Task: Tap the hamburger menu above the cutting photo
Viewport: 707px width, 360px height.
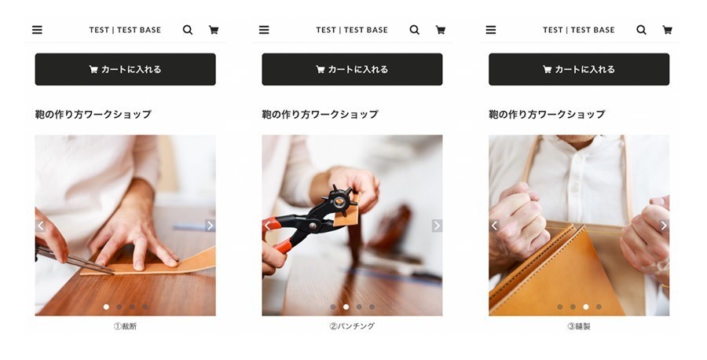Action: pyautogui.click(x=37, y=30)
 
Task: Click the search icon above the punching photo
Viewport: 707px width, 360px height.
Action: pyautogui.click(x=414, y=30)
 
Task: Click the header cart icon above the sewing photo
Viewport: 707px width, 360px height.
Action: pyautogui.click(x=667, y=30)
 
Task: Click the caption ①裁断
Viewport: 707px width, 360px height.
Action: pyautogui.click(x=125, y=326)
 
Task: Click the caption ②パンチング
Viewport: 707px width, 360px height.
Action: pyautogui.click(x=352, y=326)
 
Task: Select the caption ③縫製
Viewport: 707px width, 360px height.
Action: pyautogui.click(x=579, y=326)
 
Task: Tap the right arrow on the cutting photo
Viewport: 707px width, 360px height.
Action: pyautogui.click(x=210, y=226)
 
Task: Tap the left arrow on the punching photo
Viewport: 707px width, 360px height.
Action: pyautogui.click(x=267, y=226)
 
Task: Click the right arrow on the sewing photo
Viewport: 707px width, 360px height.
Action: pyautogui.click(x=664, y=226)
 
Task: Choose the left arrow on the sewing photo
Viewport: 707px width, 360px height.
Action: pyautogui.click(x=494, y=226)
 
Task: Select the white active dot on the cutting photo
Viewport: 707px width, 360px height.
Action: pyautogui.click(x=106, y=307)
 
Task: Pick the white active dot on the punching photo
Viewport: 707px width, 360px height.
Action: pyautogui.click(x=346, y=307)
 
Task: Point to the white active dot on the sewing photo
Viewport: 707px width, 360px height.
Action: pyautogui.click(x=585, y=307)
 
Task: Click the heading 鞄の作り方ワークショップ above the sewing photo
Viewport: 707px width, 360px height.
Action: pyautogui.click(x=547, y=115)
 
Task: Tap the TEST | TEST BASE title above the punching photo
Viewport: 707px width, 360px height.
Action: pyautogui.click(x=352, y=30)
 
